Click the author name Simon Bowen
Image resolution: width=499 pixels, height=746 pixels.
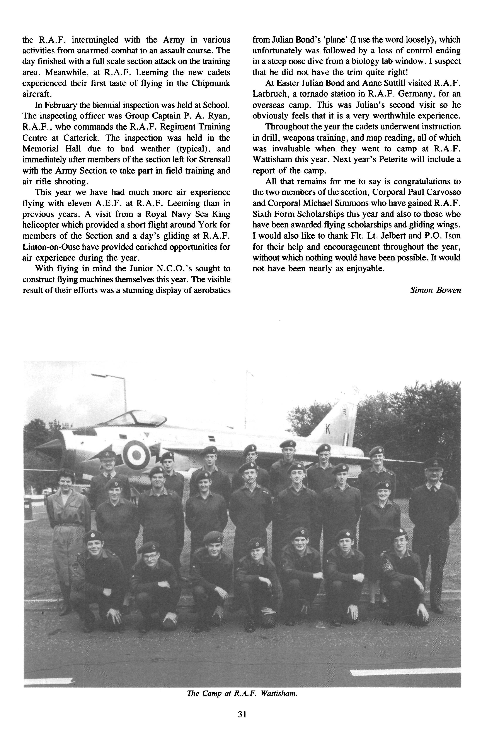[x=435, y=290]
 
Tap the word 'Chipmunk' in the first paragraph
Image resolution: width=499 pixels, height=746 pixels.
[x=210, y=83]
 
